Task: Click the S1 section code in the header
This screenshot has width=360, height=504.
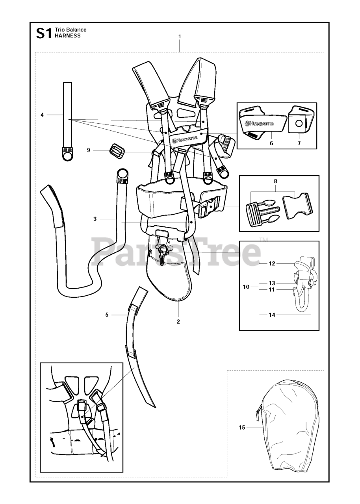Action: click(43, 33)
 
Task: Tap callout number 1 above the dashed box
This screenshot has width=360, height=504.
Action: click(180, 36)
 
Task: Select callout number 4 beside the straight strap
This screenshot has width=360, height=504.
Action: click(42, 115)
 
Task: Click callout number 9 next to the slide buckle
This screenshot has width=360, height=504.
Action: click(89, 150)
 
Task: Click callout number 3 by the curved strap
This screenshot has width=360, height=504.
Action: click(95, 219)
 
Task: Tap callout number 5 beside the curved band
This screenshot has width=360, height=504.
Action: click(107, 315)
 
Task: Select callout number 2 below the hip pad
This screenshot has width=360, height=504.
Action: click(178, 321)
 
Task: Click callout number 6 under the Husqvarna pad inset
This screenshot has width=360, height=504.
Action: click(271, 143)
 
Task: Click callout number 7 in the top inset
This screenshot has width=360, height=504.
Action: click(299, 143)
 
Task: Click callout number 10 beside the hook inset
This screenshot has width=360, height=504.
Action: click(246, 287)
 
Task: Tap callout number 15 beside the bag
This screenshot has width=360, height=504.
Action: click(242, 427)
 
